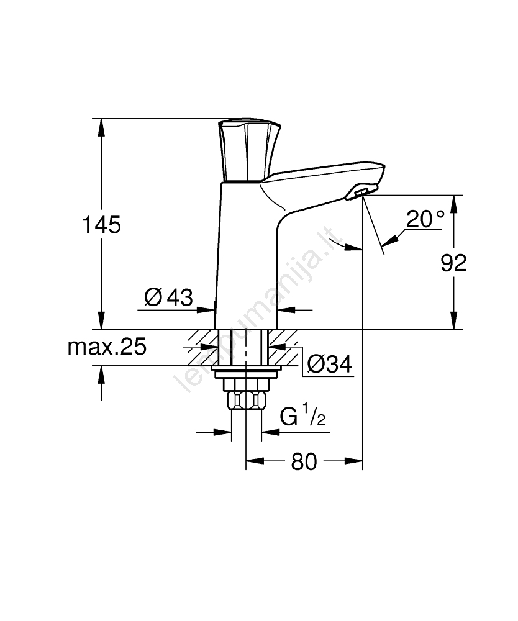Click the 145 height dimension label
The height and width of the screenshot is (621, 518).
tap(101, 225)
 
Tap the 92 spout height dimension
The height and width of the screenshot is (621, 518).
tap(454, 263)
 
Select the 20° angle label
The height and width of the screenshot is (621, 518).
tap(425, 219)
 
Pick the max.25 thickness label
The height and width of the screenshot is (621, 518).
tap(107, 347)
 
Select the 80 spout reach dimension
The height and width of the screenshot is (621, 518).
tap(304, 461)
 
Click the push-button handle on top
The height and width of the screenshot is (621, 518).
tap(250, 150)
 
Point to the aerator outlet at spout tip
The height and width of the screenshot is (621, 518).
tap(360, 193)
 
